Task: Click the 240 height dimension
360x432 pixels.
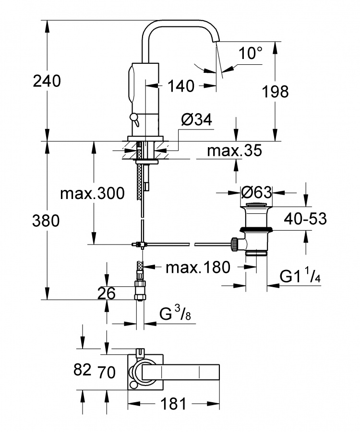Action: coord(47,82)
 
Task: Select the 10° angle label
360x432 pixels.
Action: coord(251,53)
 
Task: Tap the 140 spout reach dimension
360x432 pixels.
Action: coord(180,86)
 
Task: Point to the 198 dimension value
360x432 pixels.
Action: coord(275,92)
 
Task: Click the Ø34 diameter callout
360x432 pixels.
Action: coord(197,120)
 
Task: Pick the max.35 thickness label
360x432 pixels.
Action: coord(235,151)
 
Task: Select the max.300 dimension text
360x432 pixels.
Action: coord(93,193)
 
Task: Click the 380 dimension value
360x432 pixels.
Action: coord(46,221)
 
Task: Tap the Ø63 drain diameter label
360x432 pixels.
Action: coord(256,192)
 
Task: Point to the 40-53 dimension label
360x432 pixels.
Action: coord(305,219)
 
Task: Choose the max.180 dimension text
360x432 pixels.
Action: coord(198,267)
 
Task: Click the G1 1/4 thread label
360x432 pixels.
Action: coord(300,276)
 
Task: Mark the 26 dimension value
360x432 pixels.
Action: coord(106,293)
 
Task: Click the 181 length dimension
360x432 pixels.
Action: coord(173,404)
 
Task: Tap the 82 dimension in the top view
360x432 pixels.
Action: coord(82,370)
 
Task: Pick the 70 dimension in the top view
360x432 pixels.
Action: coord(106,372)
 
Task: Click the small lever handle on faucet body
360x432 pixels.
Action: coord(135,118)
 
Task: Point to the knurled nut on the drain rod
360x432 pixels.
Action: coord(235,244)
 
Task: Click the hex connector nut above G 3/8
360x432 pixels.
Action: coord(140,290)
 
